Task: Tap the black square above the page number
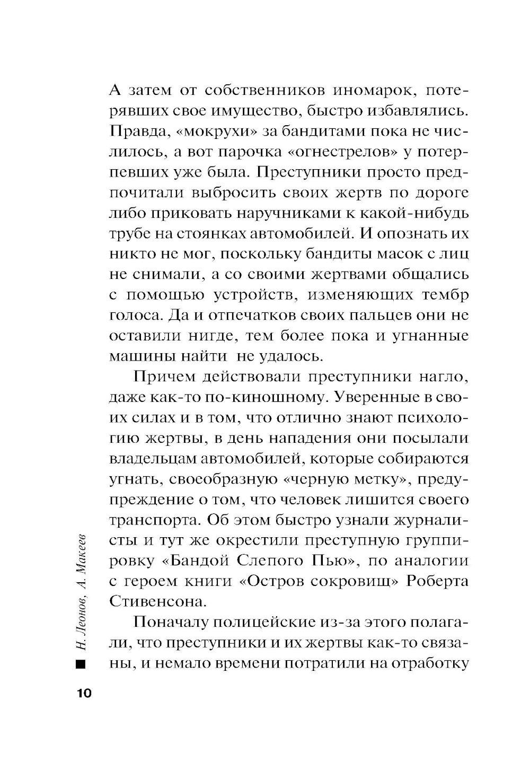pyautogui.click(x=81, y=663)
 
